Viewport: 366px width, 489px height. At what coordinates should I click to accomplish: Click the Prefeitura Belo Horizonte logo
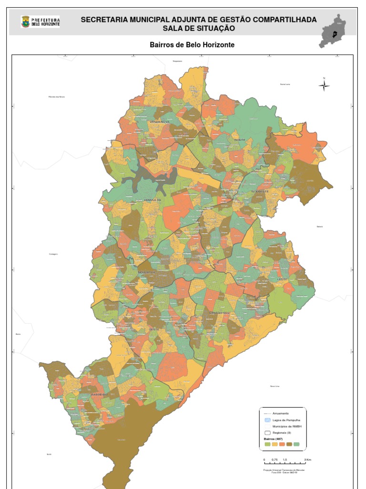pos(40,21)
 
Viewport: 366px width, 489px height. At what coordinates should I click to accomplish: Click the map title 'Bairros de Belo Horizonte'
pos(192,45)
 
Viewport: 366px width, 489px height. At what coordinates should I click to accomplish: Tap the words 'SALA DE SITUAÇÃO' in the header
pos(198,28)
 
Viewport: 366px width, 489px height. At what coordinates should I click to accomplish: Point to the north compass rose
pos(324,85)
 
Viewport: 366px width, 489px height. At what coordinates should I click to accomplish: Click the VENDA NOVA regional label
pos(159,122)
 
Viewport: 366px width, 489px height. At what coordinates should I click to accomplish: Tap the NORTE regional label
pos(239,140)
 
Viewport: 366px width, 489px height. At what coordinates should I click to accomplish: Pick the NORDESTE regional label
pos(260,191)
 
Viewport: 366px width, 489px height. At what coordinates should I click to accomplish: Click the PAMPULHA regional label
pos(152,200)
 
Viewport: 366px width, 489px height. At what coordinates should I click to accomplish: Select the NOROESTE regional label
pos(147,273)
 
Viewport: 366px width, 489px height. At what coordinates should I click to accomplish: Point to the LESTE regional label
pos(282,278)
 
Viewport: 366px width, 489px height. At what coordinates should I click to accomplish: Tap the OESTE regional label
pos(154,330)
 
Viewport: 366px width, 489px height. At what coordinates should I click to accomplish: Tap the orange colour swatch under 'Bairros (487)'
pos(282,444)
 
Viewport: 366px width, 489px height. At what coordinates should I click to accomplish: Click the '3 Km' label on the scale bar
pos(308,460)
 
